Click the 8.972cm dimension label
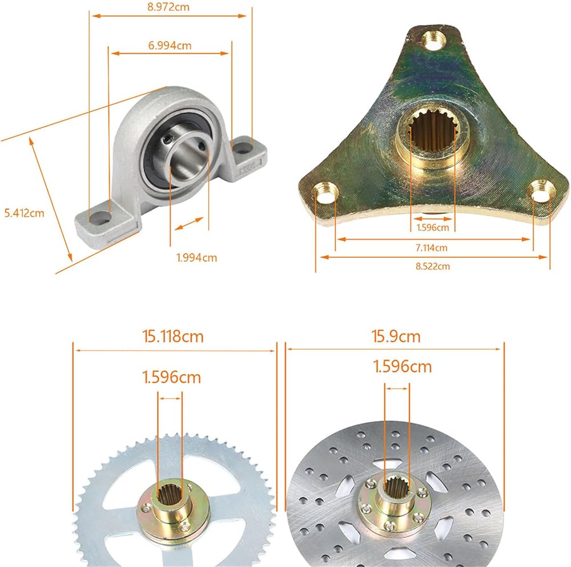coord(168,7)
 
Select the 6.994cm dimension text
coord(170,46)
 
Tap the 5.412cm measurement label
coord(24,213)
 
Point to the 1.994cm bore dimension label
coord(196,257)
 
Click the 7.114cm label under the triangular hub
coord(432,248)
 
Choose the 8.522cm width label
coord(433,266)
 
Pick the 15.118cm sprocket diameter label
coord(172,337)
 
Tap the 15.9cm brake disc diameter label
coord(396,337)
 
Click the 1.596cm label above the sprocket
coord(171,377)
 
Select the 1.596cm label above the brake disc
coord(403,366)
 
